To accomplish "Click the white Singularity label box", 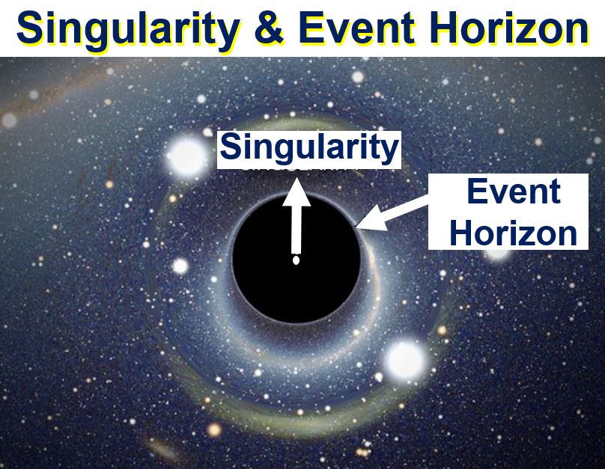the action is click(x=309, y=150).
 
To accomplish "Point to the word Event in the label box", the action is click(x=514, y=191).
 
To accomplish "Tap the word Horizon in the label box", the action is click(x=513, y=233).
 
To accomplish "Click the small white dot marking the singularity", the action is click(x=296, y=260).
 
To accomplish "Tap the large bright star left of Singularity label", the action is click(x=186, y=156).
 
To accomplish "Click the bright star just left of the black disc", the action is click(x=180, y=266).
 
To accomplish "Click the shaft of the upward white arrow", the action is click(x=297, y=230).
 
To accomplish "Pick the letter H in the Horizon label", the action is click(x=460, y=233).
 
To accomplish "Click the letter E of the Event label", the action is click(x=476, y=191).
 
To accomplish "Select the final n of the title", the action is click(x=577, y=31).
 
